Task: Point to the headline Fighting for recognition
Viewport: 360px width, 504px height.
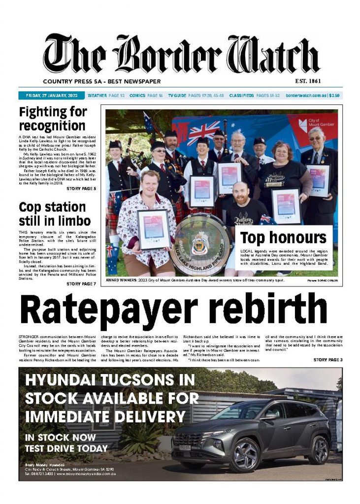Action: tap(53, 119)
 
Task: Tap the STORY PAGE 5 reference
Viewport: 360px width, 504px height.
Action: tap(81, 189)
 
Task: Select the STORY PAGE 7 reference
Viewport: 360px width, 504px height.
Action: tap(81, 283)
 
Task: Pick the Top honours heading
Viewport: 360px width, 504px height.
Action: tap(283, 238)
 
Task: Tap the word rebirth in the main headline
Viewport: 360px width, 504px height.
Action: tap(263, 309)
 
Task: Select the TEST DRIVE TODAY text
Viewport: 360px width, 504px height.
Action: tap(66, 448)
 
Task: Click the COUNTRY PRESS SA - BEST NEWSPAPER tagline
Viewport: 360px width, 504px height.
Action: tap(102, 81)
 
